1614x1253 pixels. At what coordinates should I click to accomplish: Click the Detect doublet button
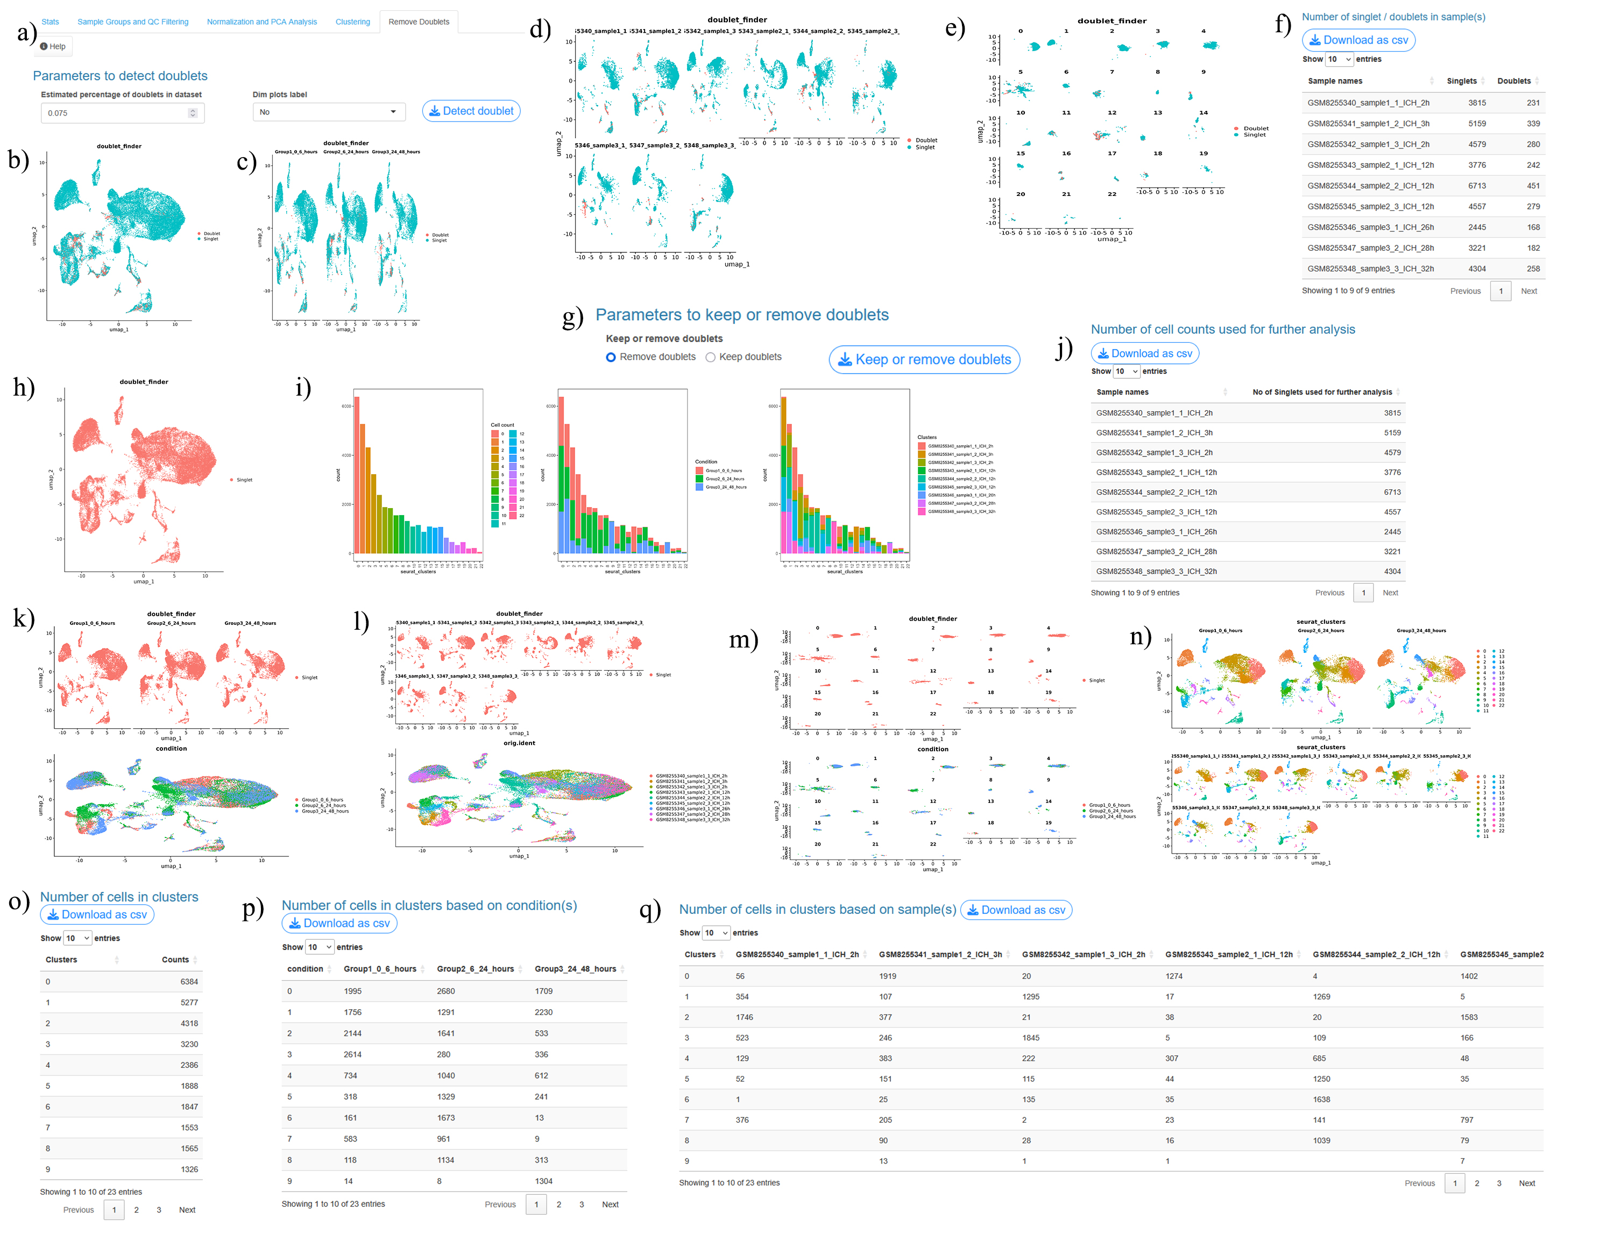[x=471, y=111]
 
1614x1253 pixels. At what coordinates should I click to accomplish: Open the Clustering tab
[x=352, y=22]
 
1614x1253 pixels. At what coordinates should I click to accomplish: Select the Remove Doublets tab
[x=418, y=22]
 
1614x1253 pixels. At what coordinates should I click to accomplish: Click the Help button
[x=53, y=47]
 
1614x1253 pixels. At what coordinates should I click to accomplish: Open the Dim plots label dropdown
[x=328, y=112]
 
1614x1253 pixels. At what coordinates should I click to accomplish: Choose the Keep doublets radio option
[x=710, y=357]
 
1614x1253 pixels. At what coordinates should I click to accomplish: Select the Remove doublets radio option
[x=611, y=357]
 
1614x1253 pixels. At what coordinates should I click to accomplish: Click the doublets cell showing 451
[x=1533, y=186]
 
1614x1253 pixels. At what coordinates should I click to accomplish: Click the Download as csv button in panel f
[x=1358, y=40]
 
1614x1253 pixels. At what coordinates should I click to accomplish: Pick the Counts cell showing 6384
[x=189, y=982]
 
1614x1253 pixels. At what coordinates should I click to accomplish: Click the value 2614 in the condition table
[x=352, y=1054]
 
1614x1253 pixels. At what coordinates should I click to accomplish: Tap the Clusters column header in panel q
[x=700, y=954]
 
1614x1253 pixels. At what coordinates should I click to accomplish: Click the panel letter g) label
[x=573, y=316]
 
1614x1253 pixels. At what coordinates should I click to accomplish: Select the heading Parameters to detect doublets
[x=120, y=75]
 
